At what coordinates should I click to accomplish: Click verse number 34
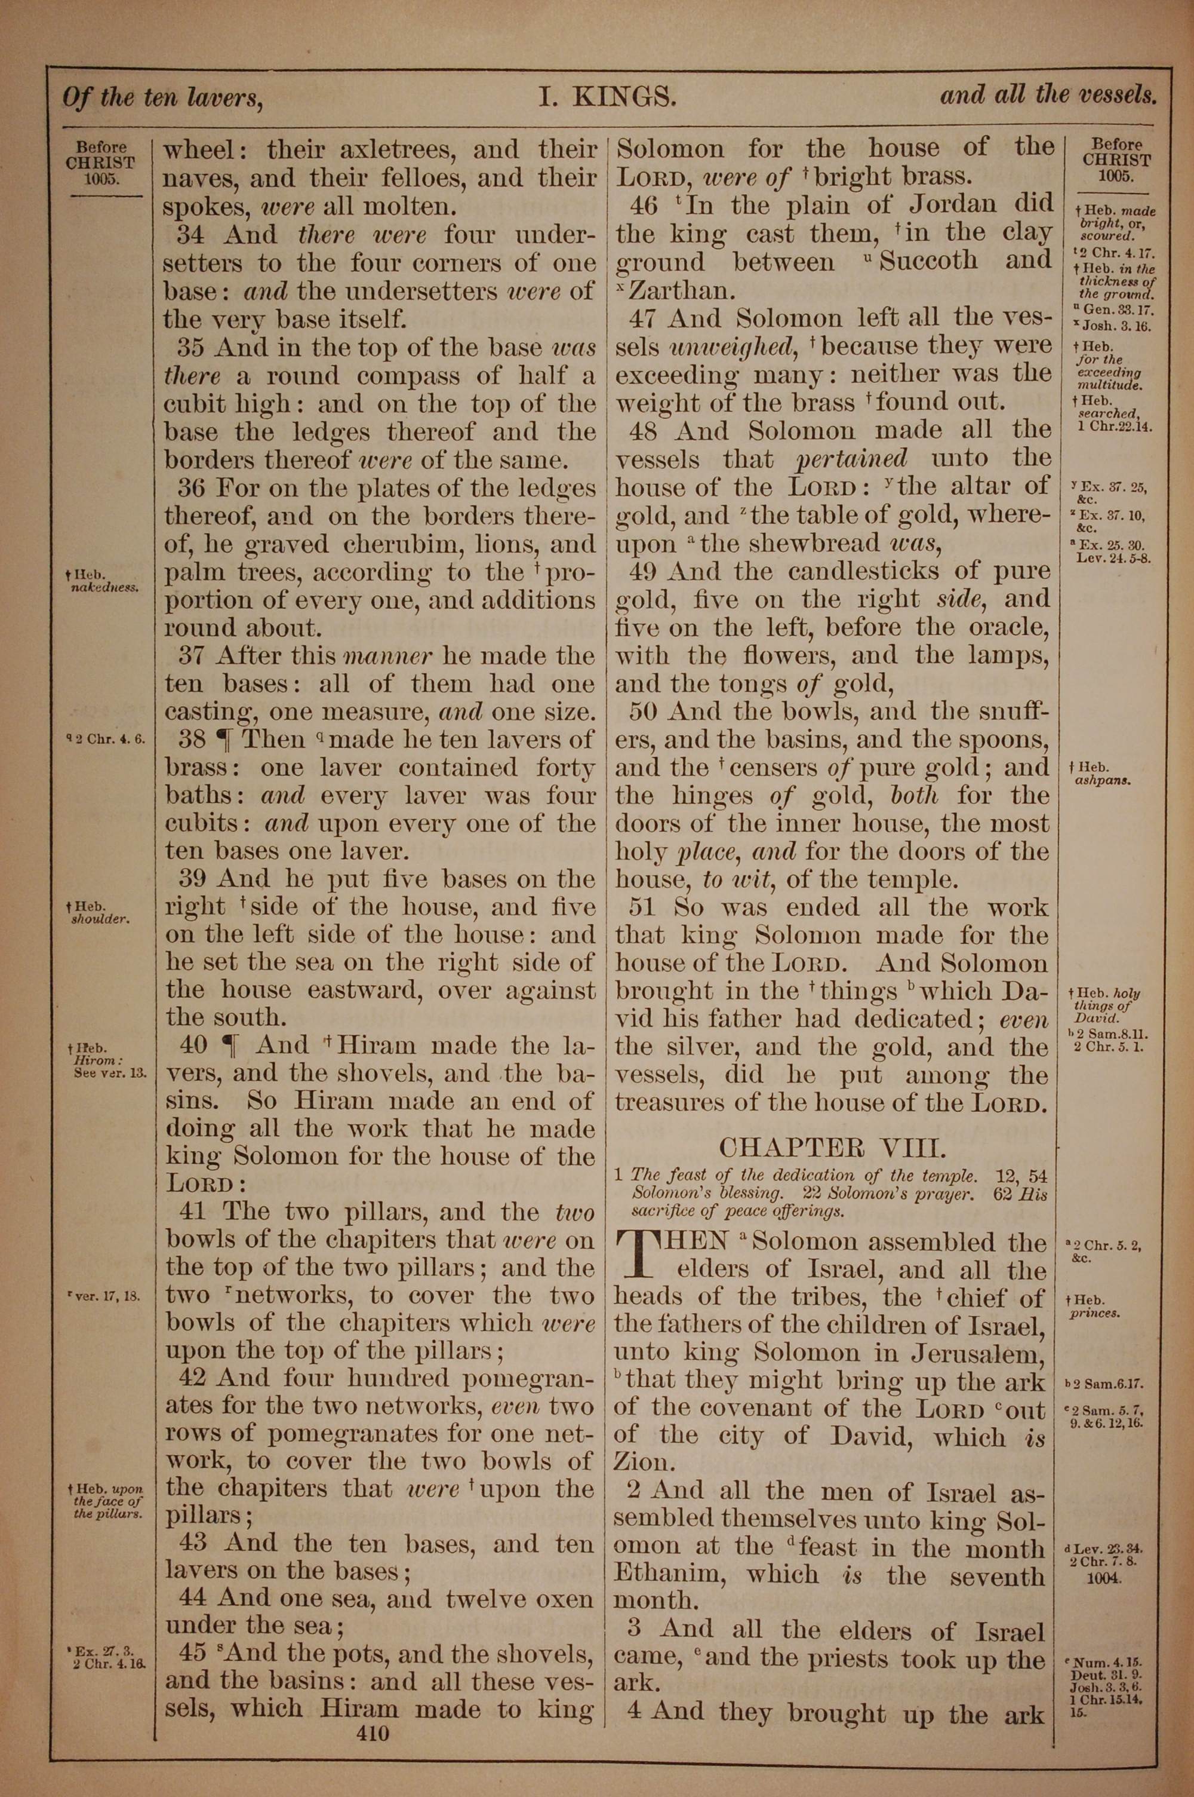(192, 235)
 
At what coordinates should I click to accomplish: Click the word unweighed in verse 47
(731, 346)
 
